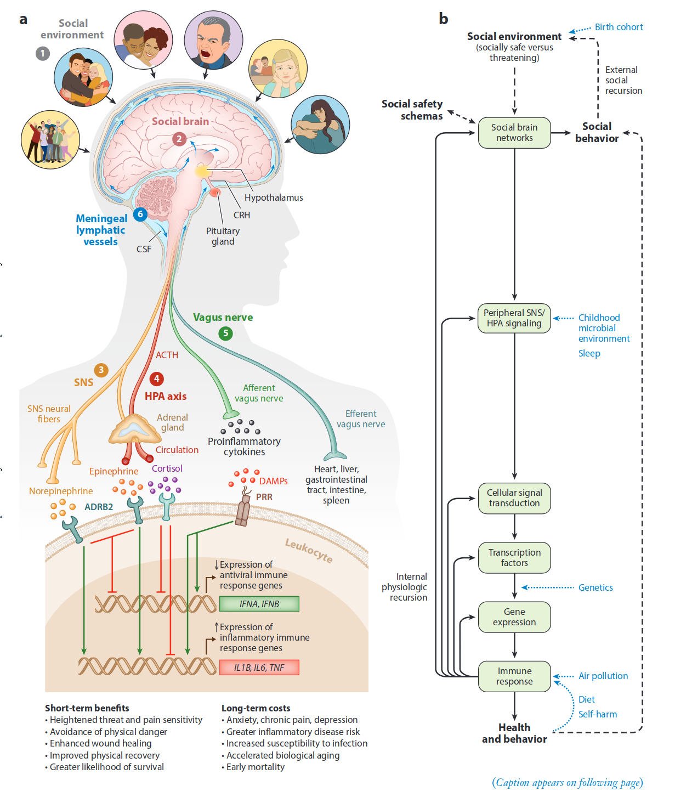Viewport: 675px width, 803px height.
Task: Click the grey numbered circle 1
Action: pos(43,53)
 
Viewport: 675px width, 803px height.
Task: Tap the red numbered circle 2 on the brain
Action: pos(179,139)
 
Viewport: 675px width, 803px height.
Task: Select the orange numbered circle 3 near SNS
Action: pos(101,370)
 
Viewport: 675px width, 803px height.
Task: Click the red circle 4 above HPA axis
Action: pos(156,378)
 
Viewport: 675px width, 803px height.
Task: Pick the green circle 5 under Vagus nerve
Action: pos(225,333)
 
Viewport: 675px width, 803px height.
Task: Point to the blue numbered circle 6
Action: pos(140,214)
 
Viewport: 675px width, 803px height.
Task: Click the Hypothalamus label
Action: pos(274,197)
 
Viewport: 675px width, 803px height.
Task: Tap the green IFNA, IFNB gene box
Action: pos(259,604)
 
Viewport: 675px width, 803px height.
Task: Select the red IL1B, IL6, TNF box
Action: pos(259,668)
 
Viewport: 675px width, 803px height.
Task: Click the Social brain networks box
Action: pos(514,133)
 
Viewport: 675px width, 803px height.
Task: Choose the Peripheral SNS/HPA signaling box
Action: pos(514,318)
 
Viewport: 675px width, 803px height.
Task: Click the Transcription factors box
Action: pos(514,558)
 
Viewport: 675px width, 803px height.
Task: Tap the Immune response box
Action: pos(514,676)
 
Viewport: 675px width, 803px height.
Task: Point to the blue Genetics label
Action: pos(595,587)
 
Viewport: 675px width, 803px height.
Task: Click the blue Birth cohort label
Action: pos(619,27)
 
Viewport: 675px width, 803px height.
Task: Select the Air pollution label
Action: pos(603,676)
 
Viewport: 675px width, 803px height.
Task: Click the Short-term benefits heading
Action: pos(87,708)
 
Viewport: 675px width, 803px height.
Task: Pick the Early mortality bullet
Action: pos(256,767)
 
